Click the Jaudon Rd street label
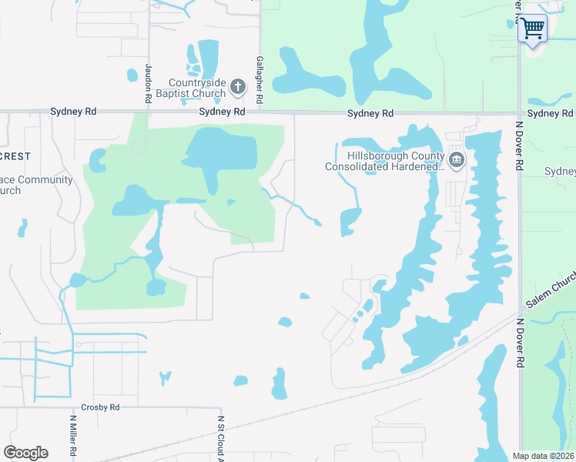[x=147, y=84]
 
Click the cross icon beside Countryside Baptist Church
[x=237, y=87]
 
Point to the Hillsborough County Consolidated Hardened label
[x=384, y=161]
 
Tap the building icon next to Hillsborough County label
[x=457, y=160]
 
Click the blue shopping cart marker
[x=533, y=29]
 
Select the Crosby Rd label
[x=100, y=407]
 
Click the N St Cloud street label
[x=220, y=438]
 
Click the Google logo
[x=25, y=453]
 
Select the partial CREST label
[x=15, y=156]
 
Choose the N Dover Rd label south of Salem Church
[x=520, y=342]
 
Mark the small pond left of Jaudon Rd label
[x=132, y=75]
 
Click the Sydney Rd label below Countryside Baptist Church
[x=222, y=112]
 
